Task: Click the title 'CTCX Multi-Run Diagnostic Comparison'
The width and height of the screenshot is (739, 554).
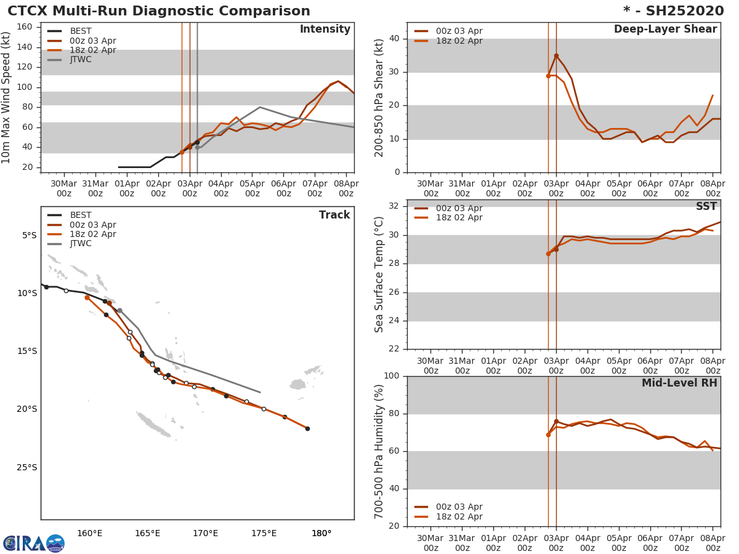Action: pos(159,11)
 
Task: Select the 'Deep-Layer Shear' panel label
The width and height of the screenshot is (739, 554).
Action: pos(665,30)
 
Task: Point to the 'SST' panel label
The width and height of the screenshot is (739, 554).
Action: pos(706,207)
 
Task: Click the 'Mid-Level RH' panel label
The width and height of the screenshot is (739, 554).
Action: pos(679,383)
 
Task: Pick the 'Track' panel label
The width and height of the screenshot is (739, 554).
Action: pos(334,215)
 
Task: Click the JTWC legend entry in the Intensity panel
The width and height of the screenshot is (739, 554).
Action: pos(80,60)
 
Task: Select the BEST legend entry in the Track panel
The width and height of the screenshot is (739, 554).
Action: pos(80,215)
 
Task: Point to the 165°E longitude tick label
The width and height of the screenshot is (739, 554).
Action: pos(147,533)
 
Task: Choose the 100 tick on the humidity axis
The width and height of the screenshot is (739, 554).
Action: pos(391,376)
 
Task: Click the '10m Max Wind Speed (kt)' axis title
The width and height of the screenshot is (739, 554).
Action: pos(7,97)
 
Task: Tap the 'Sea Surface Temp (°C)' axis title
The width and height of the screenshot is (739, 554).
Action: pos(379,275)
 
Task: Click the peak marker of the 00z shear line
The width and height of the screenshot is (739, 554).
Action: pos(556,55)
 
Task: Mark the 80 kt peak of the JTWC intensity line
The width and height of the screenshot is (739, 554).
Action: pos(260,107)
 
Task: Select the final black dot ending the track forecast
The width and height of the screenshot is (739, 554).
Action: pos(307,428)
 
